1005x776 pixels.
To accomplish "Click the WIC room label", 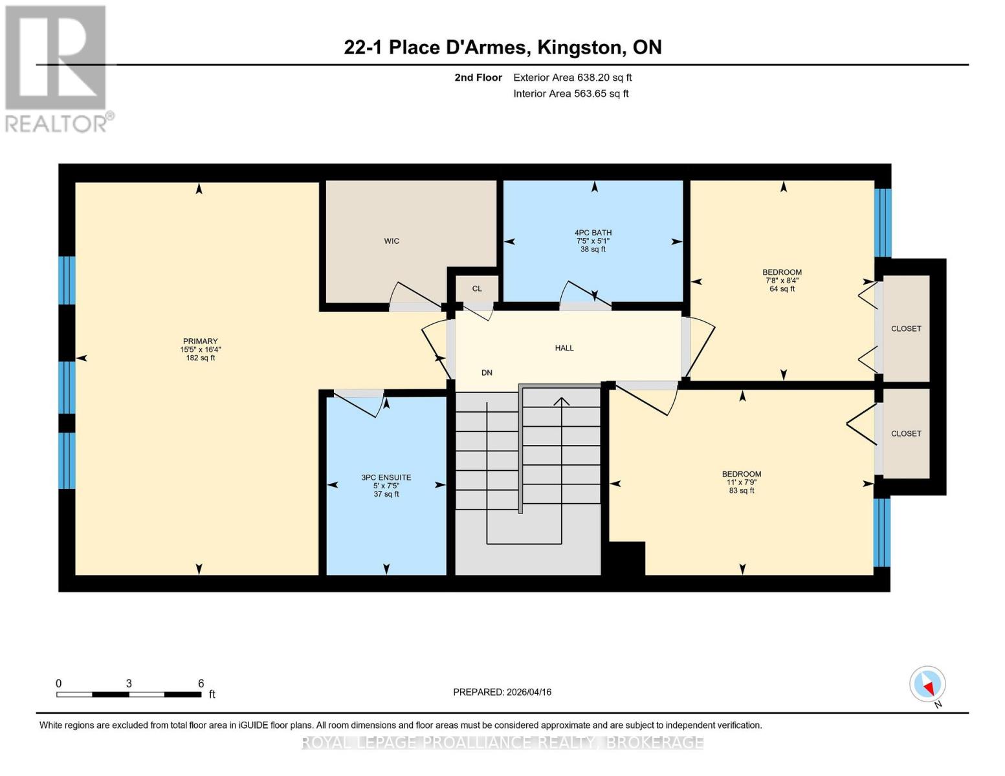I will (392, 241).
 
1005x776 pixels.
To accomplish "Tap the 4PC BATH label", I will (593, 233).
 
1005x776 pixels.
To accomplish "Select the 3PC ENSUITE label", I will (386, 478).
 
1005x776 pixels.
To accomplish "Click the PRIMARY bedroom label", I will (200, 341).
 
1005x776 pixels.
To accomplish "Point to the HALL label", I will (564, 348).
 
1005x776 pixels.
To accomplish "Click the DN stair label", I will (487, 372).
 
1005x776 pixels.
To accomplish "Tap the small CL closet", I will (477, 288).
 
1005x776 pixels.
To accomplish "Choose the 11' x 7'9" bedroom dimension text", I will (742, 482).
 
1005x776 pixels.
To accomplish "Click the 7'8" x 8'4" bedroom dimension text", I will (782, 281).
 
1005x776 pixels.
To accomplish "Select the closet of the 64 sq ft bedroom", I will (906, 329).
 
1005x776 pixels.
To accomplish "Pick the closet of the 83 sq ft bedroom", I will (906, 433).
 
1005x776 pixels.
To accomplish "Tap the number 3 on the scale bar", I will (129, 684).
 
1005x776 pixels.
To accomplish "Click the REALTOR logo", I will (57, 68).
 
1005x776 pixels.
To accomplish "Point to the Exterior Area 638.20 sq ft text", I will (572, 78).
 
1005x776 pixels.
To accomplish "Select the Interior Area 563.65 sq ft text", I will (571, 94).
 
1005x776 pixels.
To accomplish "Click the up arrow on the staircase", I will (562, 402).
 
